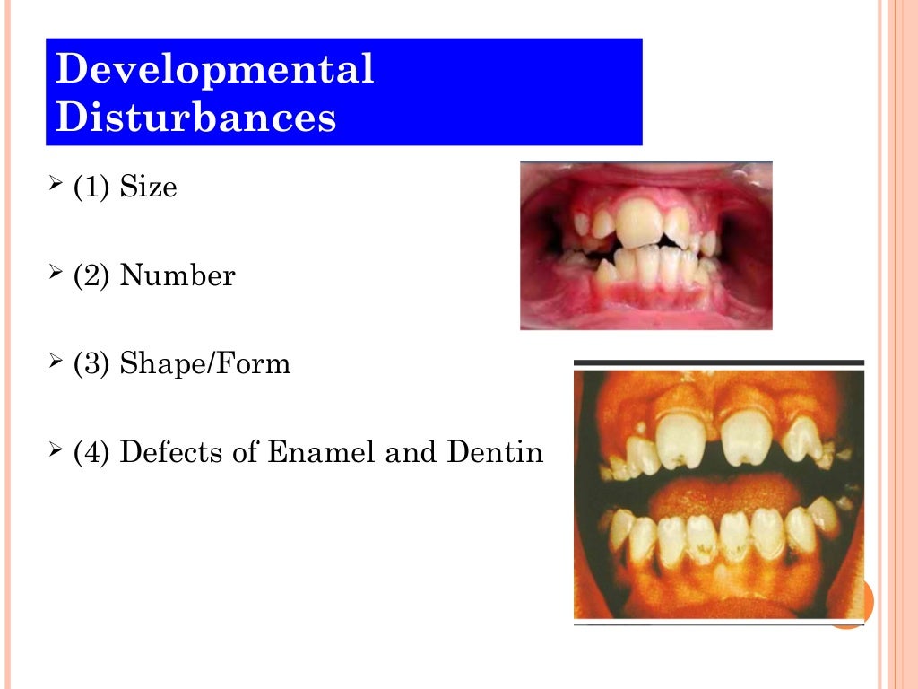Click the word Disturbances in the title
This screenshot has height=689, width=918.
click(x=195, y=118)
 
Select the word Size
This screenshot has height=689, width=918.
click(x=149, y=188)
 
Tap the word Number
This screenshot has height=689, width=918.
click(x=178, y=275)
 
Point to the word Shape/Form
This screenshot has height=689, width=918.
click(x=205, y=364)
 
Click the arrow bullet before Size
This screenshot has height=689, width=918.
click(x=56, y=186)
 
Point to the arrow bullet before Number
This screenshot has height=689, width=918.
click(x=56, y=274)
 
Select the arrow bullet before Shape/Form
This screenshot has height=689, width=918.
click(x=56, y=362)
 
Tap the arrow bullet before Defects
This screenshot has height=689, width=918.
click(x=56, y=450)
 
